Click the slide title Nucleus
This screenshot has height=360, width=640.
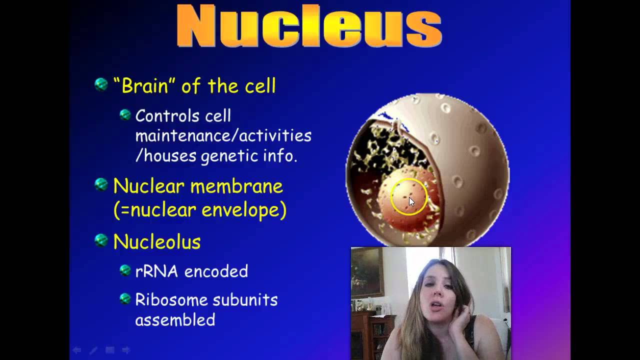(309, 26)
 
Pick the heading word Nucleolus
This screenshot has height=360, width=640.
(157, 242)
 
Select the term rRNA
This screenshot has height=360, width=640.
(156, 271)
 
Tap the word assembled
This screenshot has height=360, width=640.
(175, 320)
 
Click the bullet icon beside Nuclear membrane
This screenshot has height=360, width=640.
(101, 185)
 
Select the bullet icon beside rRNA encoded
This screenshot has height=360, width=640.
(125, 270)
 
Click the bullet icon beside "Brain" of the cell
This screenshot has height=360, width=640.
(101, 84)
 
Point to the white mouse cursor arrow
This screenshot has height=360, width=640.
(411, 202)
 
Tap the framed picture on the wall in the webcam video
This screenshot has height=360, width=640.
(367, 272)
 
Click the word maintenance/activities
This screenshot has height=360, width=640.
(223, 136)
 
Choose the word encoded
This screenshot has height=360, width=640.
(216, 271)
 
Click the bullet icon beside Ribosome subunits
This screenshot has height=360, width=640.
(125, 299)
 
